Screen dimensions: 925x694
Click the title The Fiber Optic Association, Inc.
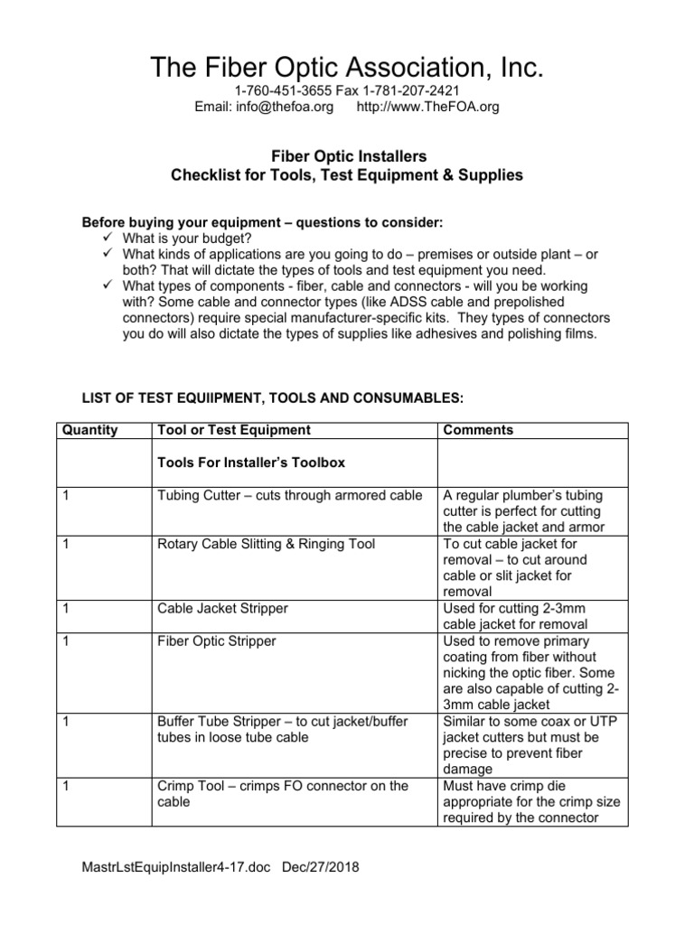[347, 67]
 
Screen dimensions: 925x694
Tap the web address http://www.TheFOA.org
[428, 107]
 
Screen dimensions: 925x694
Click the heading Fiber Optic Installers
[347, 156]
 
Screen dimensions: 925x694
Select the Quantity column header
[90, 430]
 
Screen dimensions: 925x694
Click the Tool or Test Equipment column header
[233, 430]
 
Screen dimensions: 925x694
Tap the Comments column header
[478, 430]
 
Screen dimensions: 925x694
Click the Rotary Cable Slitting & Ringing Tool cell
[266, 544]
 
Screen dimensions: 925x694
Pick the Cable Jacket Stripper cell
[222, 609]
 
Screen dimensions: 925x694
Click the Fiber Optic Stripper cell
[216, 641]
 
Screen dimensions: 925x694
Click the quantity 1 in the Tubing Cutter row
[66, 495]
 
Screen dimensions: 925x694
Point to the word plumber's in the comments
[537, 495]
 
